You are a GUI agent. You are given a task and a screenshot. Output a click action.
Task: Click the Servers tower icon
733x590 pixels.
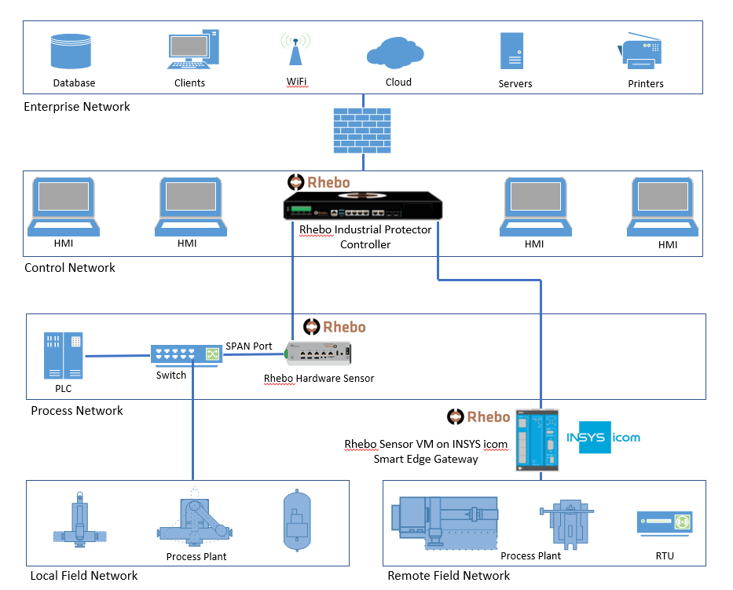pos(512,51)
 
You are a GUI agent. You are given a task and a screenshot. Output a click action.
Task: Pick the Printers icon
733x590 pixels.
pos(645,52)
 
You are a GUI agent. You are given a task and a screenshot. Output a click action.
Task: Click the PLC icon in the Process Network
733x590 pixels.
pos(64,356)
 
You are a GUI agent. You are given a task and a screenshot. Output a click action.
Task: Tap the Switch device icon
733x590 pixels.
pos(187,355)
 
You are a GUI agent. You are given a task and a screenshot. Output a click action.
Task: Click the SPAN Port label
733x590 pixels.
pos(249,346)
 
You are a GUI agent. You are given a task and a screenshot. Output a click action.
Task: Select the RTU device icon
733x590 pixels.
pos(664,522)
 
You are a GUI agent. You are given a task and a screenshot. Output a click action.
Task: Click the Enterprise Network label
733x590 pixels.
pos(77,107)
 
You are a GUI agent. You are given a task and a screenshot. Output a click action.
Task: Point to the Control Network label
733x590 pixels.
pos(70,268)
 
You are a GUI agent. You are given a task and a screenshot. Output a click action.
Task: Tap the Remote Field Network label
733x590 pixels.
pos(449,576)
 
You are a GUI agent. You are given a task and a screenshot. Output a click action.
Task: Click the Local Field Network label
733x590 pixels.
pos(84,576)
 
